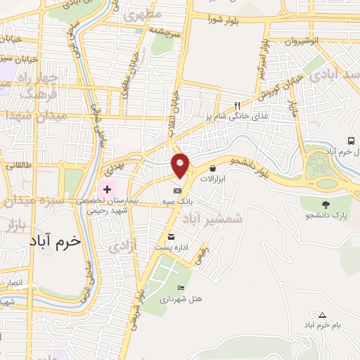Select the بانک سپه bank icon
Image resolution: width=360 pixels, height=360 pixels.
(x=178, y=191)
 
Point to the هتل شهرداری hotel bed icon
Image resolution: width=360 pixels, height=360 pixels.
(x=181, y=288)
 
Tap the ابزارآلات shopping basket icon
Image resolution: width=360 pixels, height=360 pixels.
(x=212, y=168)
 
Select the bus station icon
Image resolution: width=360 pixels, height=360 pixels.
(x=351, y=141)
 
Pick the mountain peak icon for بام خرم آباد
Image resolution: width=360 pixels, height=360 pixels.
(x=322, y=314)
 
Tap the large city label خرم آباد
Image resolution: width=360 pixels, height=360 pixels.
(x=56, y=240)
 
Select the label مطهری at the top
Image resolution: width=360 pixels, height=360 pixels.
(x=143, y=15)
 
